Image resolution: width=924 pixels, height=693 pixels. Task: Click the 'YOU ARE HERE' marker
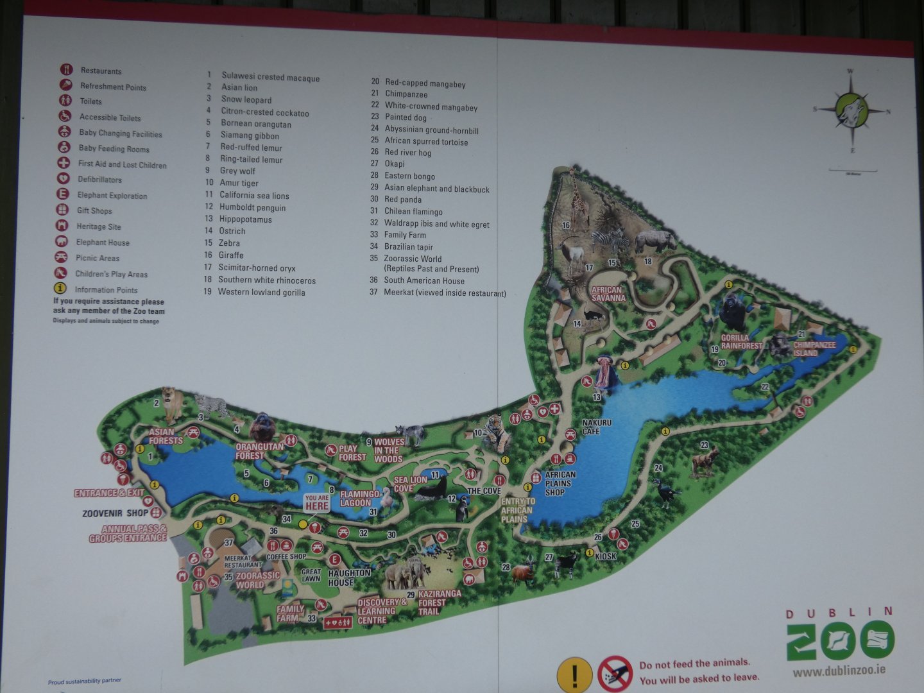317,502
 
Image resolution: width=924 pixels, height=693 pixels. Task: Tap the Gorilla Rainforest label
741,342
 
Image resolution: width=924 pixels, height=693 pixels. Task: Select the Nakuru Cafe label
597,427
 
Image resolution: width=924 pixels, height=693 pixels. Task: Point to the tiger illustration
496,432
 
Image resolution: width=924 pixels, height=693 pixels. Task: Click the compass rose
851,109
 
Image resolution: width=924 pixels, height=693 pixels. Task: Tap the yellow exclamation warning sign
574,674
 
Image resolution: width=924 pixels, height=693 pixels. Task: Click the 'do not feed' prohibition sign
615,673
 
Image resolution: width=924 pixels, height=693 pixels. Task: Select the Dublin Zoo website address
839,671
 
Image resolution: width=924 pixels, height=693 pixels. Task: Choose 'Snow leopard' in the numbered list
246,99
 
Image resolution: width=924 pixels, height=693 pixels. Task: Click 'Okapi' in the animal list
394,164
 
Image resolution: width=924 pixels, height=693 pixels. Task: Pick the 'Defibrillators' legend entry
99,180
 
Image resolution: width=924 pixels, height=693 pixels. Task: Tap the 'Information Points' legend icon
60,289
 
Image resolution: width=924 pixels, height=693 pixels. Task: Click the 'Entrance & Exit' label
109,493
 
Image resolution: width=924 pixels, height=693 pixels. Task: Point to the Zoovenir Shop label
115,513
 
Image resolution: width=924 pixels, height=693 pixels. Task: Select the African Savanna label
608,294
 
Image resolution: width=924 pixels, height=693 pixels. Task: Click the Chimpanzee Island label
814,348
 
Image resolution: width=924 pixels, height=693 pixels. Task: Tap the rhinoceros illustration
654,241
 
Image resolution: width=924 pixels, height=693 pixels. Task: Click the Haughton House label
349,577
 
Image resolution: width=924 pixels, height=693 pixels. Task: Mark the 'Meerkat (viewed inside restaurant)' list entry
444,293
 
